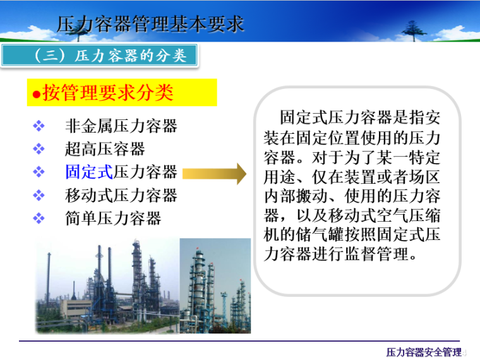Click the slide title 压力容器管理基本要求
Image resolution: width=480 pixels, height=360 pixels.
(x=150, y=24)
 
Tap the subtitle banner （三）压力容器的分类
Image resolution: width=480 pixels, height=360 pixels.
(x=103, y=56)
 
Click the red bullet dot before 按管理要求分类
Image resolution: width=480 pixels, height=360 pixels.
(x=36, y=94)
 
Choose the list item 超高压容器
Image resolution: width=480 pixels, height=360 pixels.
(x=105, y=149)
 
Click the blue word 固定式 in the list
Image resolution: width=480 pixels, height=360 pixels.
(x=89, y=172)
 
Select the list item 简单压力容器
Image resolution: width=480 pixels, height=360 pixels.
(x=113, y=219)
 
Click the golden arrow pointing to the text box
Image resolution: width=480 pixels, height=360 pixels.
(x=215, y=172)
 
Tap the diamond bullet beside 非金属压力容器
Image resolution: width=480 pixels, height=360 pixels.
(x=39, y=126)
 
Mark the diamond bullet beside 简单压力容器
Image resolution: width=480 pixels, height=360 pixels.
(x=39, y=219)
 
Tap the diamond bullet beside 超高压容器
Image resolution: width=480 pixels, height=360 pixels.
(x=39, y=149)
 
